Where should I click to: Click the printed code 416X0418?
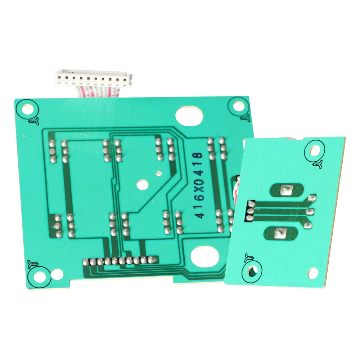[x=199, y=185]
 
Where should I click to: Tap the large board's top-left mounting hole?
[x=28, y=109]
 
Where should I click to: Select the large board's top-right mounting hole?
[x=239, y=106]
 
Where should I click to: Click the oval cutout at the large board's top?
[x=189, y=116]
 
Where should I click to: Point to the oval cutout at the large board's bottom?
[x=204, y=256]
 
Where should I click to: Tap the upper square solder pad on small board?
[x=286, y=190]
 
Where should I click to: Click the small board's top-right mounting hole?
[x=315, y=150]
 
